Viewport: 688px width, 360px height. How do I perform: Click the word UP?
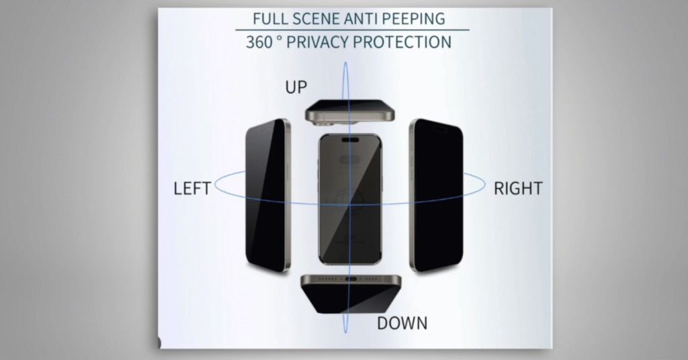(x=296, y=87)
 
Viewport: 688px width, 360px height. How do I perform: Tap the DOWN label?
(x=402, y=323)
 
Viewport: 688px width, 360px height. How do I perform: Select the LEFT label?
(x=192, y=189)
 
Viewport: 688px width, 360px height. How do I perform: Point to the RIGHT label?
(x=518, y=189)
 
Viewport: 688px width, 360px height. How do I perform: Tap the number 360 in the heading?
(x=259, y=42)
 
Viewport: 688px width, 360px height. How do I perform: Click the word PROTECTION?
(x=402, y=42)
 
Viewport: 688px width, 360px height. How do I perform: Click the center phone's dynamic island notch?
(x=350, y=140)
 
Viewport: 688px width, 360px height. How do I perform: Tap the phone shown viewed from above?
(x=349, y=111)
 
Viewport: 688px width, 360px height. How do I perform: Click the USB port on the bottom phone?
(x=351, y=279)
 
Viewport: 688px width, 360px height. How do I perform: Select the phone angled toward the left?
(x=267, y=195)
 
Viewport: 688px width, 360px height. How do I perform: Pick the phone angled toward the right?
(x=436, y=195)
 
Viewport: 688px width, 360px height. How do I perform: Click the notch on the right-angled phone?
(x=440, y=129)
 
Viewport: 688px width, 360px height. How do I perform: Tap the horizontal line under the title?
(x=352, y=30)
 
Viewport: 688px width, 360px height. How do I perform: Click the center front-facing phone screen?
(x=349, y=199)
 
